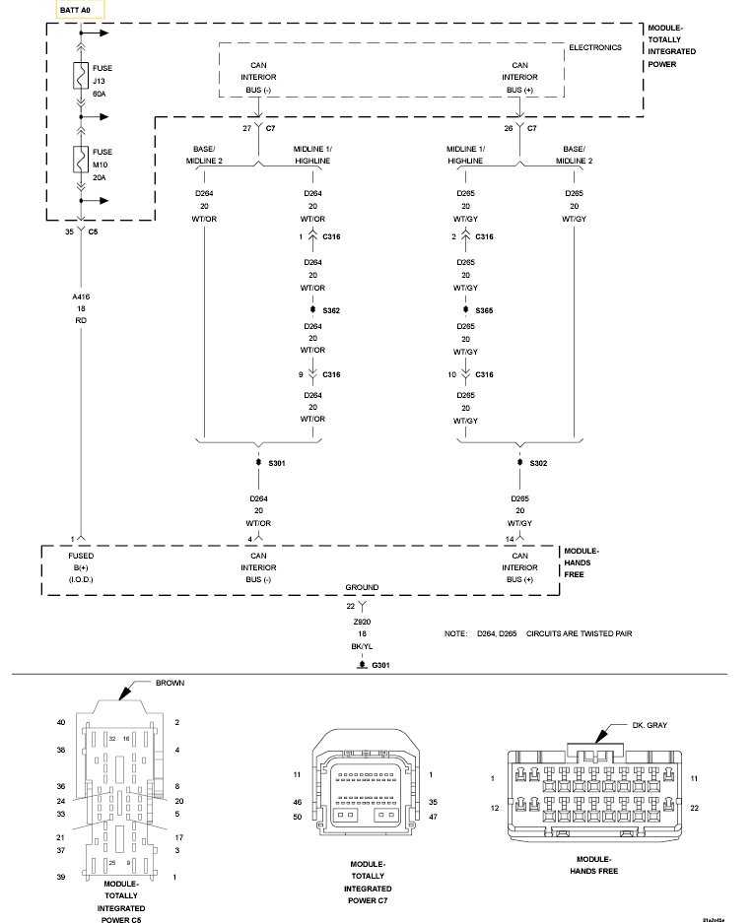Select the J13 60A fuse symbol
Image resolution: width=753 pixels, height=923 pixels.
coord(79,76)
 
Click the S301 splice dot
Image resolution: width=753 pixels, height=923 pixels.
coord(257,462)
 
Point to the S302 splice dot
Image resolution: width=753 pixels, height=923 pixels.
coord(519,462)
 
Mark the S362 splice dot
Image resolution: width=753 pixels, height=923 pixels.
coord(312,310)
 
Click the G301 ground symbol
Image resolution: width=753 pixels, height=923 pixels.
coord(362,667)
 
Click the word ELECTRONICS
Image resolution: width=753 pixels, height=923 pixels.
coord(595,47)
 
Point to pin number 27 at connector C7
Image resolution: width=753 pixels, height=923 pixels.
coord(247,128)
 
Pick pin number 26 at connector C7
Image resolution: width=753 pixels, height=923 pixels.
coord(509,128)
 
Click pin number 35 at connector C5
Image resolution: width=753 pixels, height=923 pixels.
coord(69,232)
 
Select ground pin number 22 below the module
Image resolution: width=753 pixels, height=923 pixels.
coord(350,606)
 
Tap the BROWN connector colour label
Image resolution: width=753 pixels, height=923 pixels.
coord(170,682)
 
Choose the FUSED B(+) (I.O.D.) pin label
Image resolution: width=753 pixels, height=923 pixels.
coord(81,567)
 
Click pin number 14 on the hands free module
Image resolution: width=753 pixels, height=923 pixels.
coord(510,539)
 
